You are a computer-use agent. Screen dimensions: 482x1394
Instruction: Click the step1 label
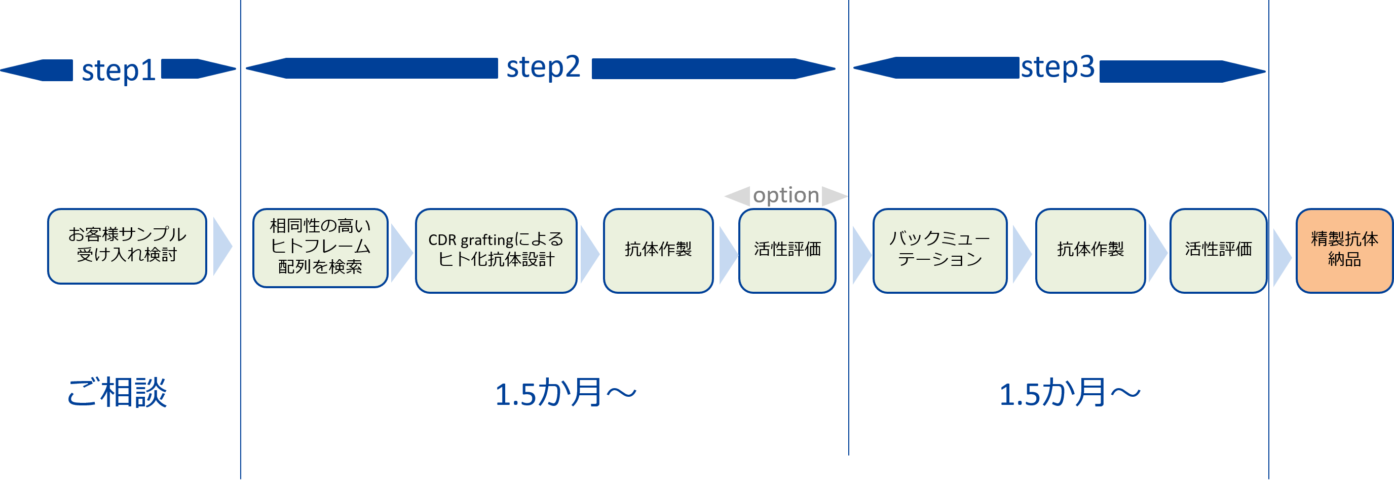[119, 71]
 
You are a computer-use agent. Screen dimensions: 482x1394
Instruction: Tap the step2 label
[543, 67]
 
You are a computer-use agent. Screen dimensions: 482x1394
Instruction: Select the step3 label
[1058, 67]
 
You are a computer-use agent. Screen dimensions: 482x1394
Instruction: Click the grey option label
[786, 195]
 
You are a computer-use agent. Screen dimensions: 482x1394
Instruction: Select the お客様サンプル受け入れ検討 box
[127, 247]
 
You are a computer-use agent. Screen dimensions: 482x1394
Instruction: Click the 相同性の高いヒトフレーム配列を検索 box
[320, 248]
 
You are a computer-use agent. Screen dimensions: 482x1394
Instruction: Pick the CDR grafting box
[496, 250]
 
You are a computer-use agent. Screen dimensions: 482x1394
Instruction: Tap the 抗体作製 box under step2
[658, 250]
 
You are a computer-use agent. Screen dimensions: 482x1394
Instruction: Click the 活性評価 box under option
[787, 250]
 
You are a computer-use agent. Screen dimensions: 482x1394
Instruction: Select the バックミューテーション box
[939, 250]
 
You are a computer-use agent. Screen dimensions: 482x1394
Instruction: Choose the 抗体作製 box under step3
[1090, 250]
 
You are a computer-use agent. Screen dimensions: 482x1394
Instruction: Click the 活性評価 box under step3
[1218, 250]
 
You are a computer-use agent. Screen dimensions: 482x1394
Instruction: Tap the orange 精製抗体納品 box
[1344, 250]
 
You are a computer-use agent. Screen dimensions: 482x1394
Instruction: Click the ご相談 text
[117, 393]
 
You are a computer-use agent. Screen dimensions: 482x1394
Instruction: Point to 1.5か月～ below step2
[566, 394]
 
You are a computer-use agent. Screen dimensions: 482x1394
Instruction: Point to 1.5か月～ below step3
[1069, 394]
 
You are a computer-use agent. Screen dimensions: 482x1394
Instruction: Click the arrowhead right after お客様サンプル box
[222, 247]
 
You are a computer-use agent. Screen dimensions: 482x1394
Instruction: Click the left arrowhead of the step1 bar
[22, 70]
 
